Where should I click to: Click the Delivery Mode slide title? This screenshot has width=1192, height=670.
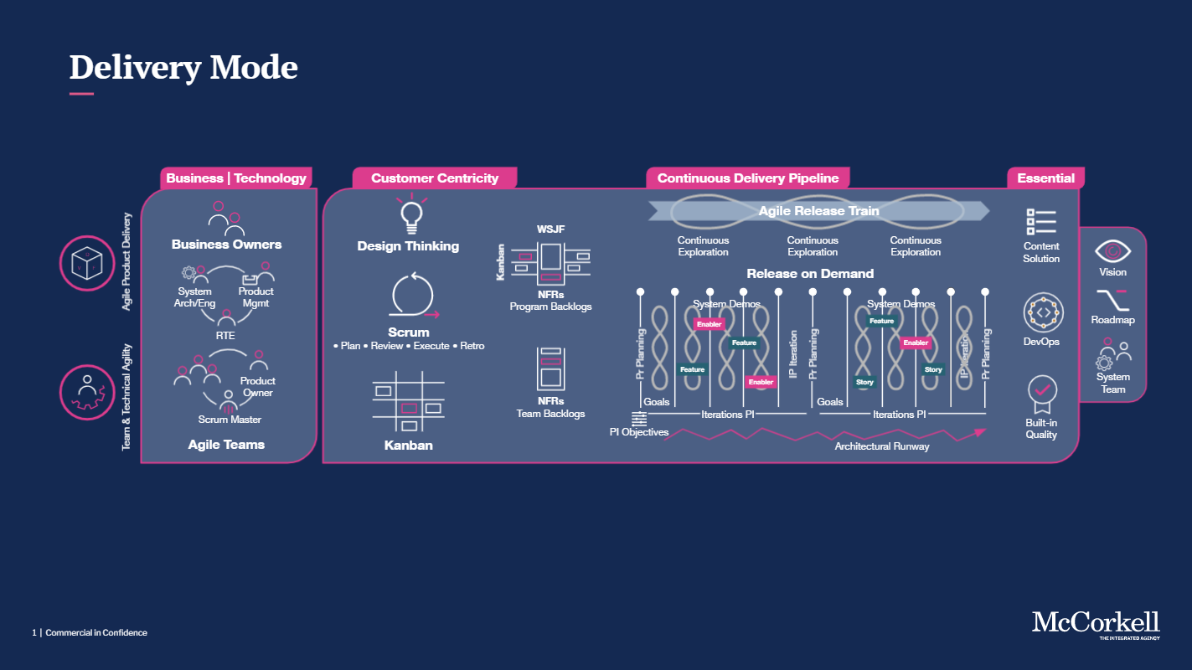183,67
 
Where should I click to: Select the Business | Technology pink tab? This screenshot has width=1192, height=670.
236,178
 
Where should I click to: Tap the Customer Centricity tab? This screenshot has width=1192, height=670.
434,178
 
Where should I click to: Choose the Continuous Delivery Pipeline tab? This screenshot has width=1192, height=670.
747,178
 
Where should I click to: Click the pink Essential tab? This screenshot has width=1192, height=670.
1045,178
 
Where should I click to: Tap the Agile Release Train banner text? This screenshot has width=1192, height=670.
818,211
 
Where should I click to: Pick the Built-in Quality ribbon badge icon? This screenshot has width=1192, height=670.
1042,394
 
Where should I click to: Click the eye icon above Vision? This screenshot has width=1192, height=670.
1113,250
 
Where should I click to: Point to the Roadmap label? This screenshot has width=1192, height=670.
1112,320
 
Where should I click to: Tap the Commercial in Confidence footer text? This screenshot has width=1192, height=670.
96,633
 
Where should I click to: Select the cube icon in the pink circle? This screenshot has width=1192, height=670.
86,262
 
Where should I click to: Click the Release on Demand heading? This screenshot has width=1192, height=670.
810,274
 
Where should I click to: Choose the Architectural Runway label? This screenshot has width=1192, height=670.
881,446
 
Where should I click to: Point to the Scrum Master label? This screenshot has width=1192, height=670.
230,420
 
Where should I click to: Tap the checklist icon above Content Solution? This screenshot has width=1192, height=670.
1041,222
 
